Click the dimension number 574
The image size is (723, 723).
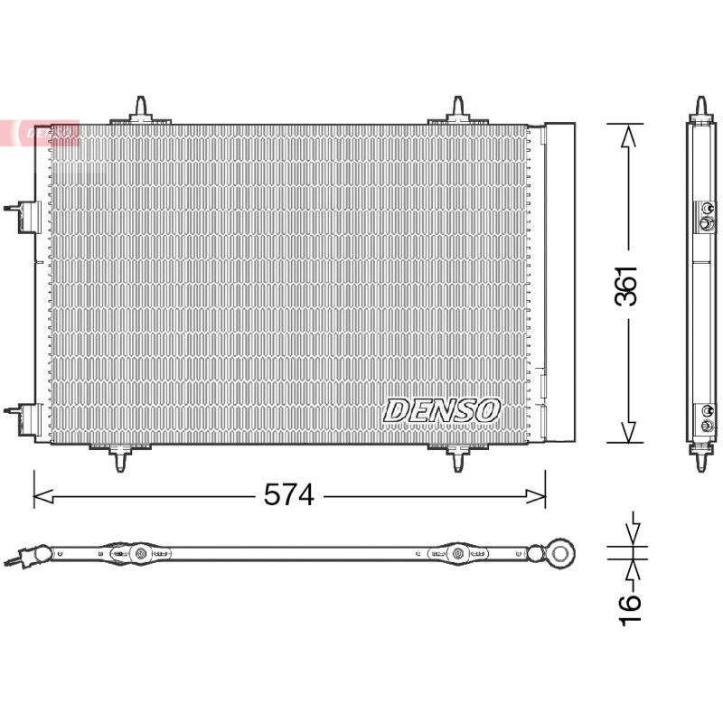tap(289, 495)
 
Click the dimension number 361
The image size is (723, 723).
tap(626, 286)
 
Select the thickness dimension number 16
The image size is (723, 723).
tap(629, 610)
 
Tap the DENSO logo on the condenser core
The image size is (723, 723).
tap(441, 411)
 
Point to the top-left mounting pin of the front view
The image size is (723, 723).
tap(141, 110)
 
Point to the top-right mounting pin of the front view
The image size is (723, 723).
tap(457, 110)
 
